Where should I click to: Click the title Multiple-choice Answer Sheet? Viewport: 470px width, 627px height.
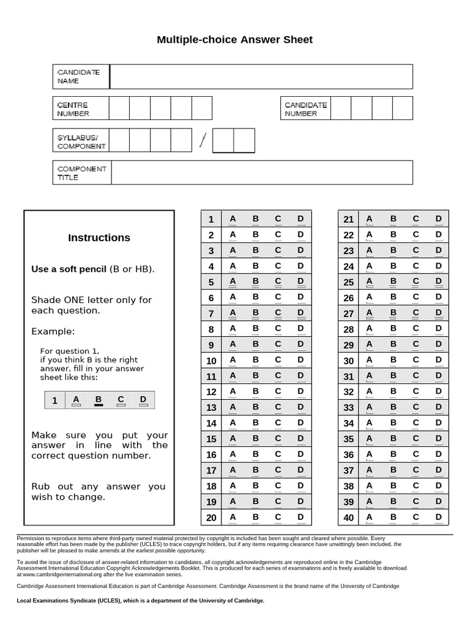[x=234, y=40]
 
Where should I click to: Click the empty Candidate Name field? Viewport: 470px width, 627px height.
[x=261, y=77]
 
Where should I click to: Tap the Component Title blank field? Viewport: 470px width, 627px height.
[x=261, y=173]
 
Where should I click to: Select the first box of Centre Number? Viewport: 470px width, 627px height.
[x=119, y=108]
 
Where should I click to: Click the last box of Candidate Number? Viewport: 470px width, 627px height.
[x=402, y=108]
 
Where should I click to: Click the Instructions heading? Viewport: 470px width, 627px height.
[x=99, y=238]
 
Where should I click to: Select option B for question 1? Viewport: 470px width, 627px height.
[x=256, y=219]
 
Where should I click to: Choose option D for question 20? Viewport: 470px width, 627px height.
[x=300, y=517]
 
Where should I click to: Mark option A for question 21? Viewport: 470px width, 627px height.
[x=369, y=219]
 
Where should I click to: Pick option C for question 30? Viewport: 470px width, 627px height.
[x=416, y=361]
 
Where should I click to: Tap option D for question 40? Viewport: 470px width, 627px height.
[x=438, y=517]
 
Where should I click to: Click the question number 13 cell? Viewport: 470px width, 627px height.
[x=211, y=408]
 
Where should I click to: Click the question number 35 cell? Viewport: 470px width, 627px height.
[x=349, y=439]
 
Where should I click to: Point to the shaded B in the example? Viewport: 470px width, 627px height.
[x=98, y=400]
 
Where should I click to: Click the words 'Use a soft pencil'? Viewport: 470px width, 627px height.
[x=69, y=269]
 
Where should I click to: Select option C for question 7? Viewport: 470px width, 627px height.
[x=278, y=313]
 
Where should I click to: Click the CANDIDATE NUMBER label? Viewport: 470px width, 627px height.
[x=305, y=109]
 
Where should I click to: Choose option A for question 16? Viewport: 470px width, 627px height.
[x=233, y=455]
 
